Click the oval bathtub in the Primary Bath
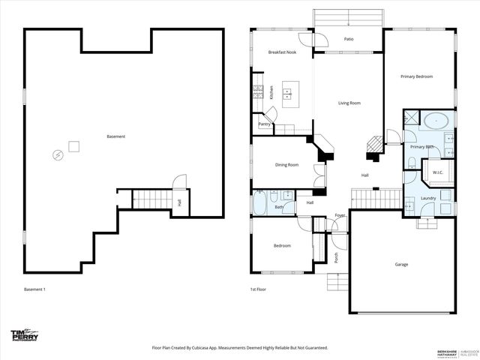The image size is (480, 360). click(x=436, y=119)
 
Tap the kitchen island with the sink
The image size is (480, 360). click(x=287, y=94)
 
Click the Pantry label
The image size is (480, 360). click(x=264, y=124)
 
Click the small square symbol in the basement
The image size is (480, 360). click(x=73, y=146)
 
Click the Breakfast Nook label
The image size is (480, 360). click(x=283, y=52)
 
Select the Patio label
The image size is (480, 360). click(x=349, y=39)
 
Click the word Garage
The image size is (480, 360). click(x=402, y=264)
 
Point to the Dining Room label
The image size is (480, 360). click(x=287, y=164)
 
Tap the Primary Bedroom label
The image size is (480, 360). click(x=416, y=76)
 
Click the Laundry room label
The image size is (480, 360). click(x=428, y=198)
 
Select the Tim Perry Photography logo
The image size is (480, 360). click(x=24, y=335)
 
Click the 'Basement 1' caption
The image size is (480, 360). click(x=34, y=289)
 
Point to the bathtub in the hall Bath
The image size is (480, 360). click(x=259, y=203)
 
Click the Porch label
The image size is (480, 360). click(x=336, y=257)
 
